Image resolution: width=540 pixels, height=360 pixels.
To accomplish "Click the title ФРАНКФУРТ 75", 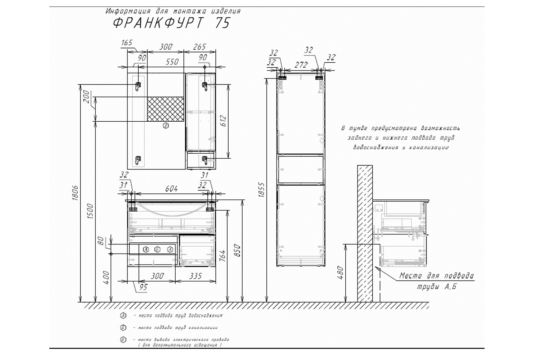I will (x=171, y=23).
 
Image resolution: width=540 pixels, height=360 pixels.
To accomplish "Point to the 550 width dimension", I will (x=172, y=62).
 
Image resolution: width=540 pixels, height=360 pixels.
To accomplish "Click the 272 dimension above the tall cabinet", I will (x=301, y=65).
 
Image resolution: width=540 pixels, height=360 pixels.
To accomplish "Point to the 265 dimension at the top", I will (x=199, y=47).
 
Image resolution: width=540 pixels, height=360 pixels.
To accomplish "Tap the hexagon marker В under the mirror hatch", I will (x=166, y=126).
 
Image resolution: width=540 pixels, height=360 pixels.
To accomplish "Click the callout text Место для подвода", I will (x=436, y=276).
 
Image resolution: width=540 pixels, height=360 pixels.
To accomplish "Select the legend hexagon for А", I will (x=123, y=315).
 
